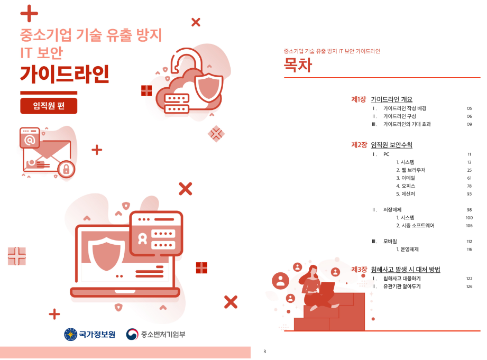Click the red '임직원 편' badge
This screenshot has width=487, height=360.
pos(49,106)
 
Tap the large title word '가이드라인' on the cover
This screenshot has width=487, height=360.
pos(65,75)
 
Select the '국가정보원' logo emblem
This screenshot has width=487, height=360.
pos(70,334)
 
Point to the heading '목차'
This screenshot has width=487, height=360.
pos(298,65)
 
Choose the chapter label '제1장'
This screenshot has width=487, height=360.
pos(359,99)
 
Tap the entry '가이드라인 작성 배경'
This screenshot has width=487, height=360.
pos(405,108)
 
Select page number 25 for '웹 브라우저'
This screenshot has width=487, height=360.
pos(469,170)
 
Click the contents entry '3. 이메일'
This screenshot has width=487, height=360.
pos(407,178)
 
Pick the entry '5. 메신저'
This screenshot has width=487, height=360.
pos(407,194)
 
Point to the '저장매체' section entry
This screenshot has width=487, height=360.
pos(392,210)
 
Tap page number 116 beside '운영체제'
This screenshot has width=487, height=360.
pos(468,250)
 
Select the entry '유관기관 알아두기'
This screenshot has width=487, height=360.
pos(401,287)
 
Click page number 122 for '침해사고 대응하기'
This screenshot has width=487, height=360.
pos(468,279)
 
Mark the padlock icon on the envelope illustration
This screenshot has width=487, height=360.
pos(66,169)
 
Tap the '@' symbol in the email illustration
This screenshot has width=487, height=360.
pos(30,140)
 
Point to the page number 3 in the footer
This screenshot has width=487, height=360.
pos(264,352)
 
